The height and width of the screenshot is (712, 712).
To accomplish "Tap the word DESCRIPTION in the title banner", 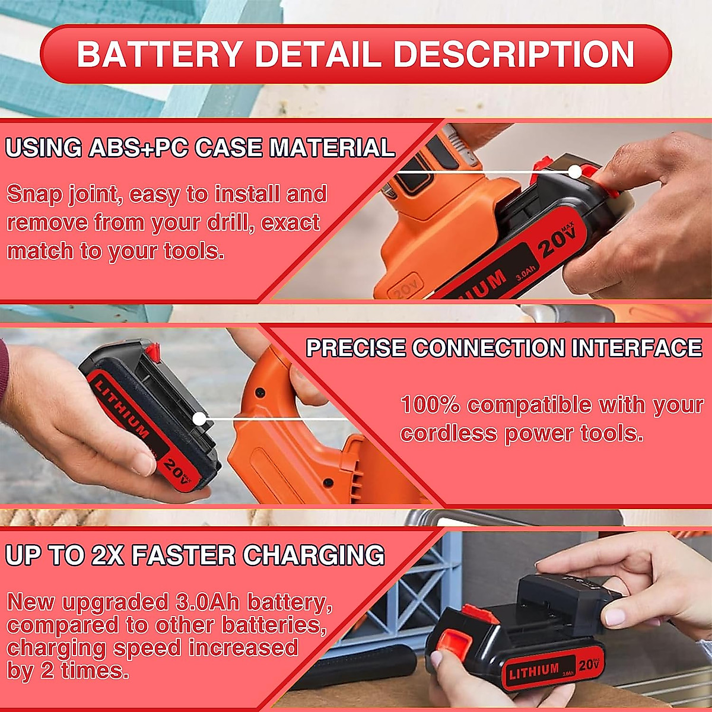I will (x=514, y=54).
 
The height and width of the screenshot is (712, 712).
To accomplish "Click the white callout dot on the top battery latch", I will (x=574, y=172).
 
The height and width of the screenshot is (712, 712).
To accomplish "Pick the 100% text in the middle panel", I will (x=431, y=405).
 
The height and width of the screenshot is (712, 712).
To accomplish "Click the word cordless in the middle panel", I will (x=449, y=434).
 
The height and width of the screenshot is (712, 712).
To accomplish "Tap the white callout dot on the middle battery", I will (x=199, y=419).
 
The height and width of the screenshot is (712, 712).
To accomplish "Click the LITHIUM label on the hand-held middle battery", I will (x=122, y=410).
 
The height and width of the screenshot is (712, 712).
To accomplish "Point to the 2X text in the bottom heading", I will (x=107, y=556).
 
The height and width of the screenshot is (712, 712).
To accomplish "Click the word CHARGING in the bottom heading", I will (x=313, y=556).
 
